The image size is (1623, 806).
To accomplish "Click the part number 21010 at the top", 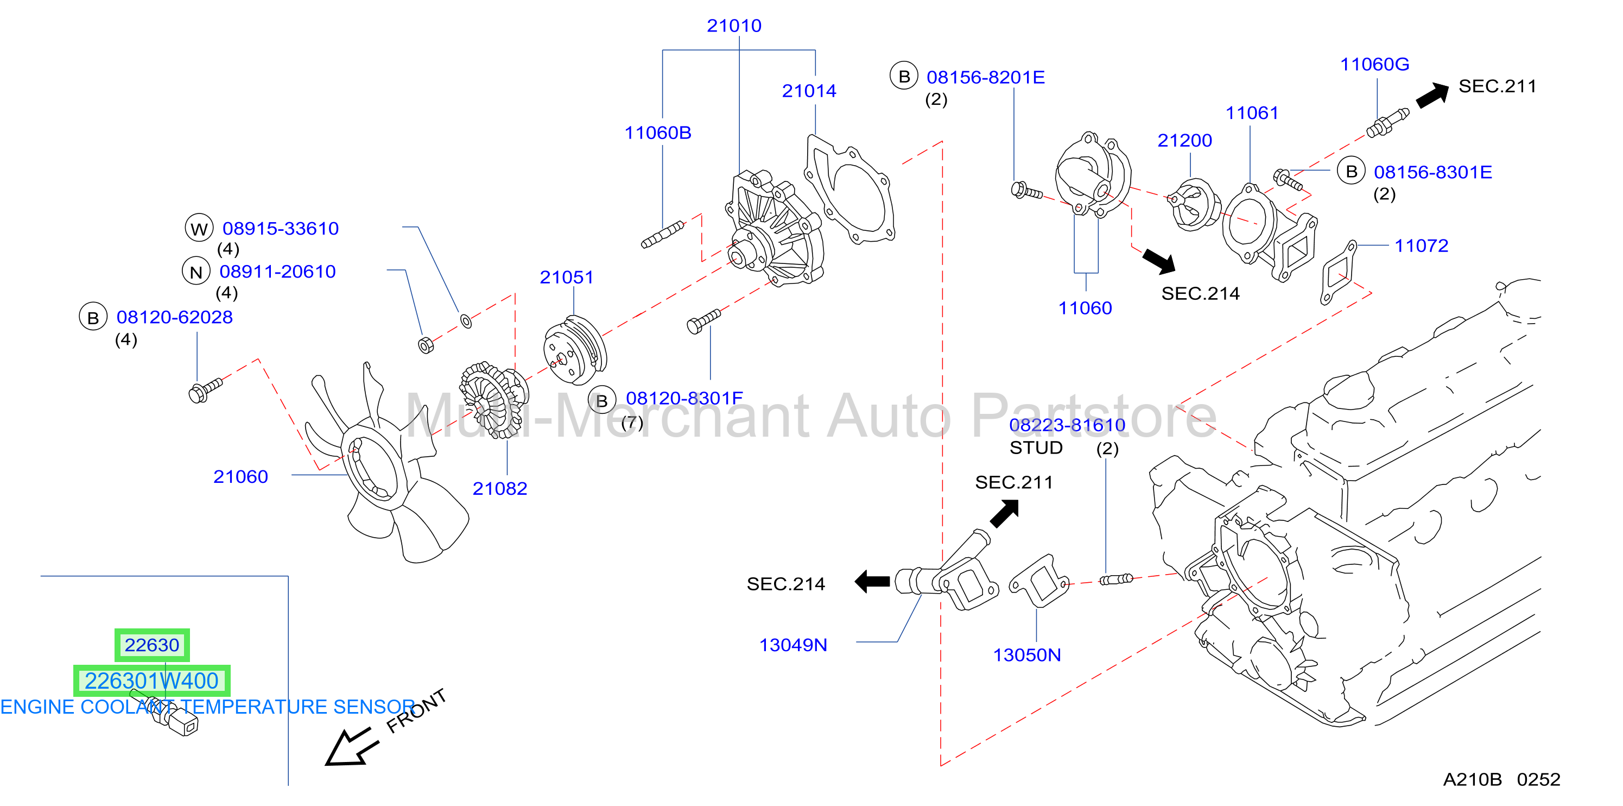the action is point(734,26).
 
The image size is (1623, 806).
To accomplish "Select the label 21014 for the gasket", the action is point(809,91).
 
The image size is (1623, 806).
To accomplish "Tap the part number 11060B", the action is point(658,133).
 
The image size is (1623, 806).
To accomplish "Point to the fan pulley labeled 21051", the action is point(575,351).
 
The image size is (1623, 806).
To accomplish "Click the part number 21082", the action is point(499,488).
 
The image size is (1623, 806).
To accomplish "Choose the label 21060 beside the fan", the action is point(240,477).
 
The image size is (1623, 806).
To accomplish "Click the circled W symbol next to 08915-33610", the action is point(199,228).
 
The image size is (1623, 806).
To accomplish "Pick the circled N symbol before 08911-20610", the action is point(196,272).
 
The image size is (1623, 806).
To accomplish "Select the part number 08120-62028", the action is point(175,317).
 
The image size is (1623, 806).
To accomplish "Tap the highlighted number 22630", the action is point(152,645).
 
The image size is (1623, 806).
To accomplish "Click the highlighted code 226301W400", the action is point(152,681).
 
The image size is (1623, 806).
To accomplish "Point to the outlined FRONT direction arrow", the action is point(351,747).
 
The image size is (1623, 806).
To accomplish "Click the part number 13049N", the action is point(793,645).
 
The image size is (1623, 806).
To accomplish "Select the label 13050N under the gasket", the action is point(1027,656).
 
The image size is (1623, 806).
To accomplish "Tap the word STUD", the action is point(1036,448).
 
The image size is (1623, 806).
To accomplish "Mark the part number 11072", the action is point(1422,246).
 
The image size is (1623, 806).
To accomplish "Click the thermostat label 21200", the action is point(1184,141).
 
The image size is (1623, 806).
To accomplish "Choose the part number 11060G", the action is point(1375,64).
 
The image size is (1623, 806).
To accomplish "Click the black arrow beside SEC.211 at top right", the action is point(1432,95).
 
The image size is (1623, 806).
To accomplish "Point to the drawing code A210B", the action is point(1473,780).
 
